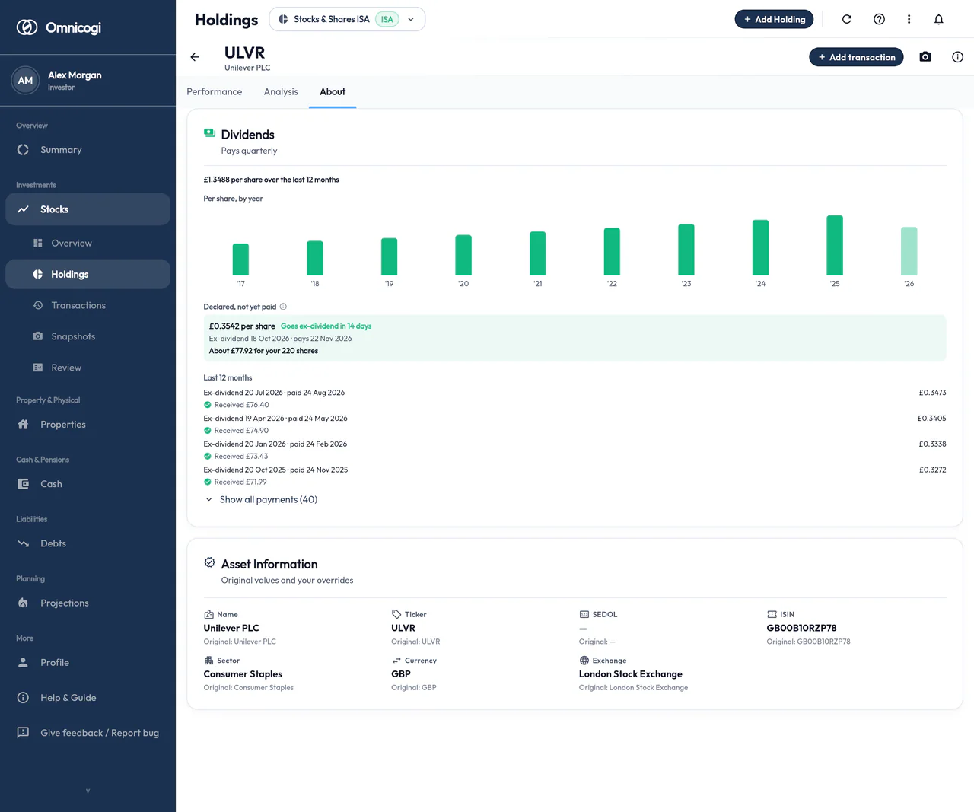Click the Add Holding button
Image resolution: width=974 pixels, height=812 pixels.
[x=774, y=19]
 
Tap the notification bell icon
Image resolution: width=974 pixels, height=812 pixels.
[x=938, y=19]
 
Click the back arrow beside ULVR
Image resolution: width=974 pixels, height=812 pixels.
[x=195, y=57]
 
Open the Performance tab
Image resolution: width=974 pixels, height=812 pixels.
[x=214, y=91]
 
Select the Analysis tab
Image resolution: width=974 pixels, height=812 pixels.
[x=281, y=91]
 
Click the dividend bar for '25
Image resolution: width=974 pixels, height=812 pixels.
[x=835, y=245]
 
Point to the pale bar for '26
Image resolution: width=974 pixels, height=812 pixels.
[x=909, y=251]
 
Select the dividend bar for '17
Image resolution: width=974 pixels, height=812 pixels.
[x=240, y=260]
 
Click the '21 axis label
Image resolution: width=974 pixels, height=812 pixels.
[x=538, y=284]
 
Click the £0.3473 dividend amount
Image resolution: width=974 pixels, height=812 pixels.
[x=932, y=393]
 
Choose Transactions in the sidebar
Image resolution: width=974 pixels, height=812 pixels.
[x=78, y=305]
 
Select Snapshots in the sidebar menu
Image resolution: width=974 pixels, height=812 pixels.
[x=73, y=336]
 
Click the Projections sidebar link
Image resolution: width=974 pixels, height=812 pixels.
[x=65, y=603]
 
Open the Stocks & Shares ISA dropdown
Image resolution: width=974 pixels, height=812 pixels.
[x=347, y=19]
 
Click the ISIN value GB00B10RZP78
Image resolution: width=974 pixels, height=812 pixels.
[x=801, y=628]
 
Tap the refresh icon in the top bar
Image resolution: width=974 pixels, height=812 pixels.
[x=847, y=19]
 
